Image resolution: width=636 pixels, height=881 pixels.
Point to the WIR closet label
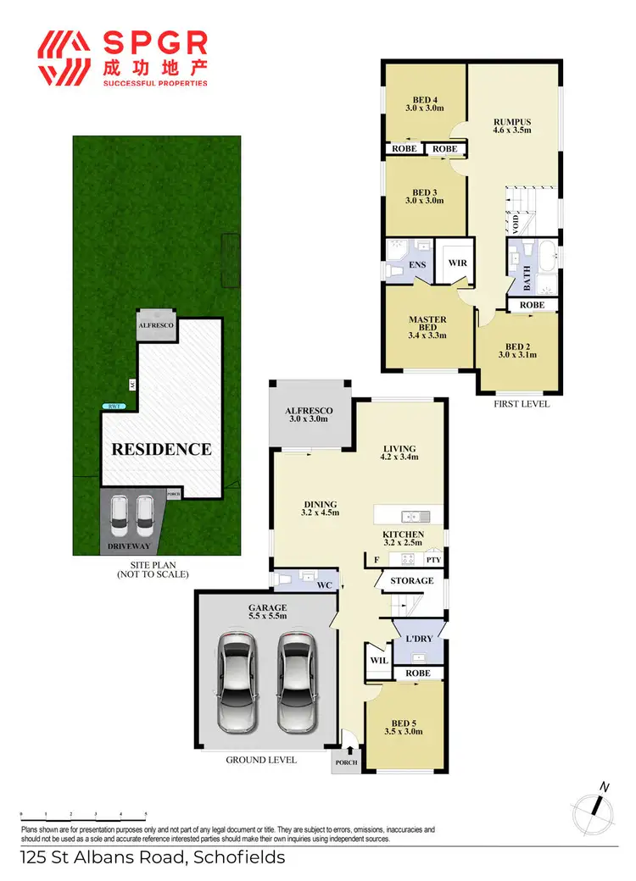click(x=458, y=263)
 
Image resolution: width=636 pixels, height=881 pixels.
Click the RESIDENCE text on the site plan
click(x=158, y=449)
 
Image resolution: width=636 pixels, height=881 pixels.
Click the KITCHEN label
click(x=404, y=535)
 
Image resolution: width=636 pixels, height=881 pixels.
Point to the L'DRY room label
click(x=419, y=636)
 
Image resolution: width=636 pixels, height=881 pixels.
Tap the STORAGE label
click(x=412, y=581)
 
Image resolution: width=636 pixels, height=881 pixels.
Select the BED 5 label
click(x=403, y=726)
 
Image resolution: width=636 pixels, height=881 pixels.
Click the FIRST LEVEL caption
click(x=522, y=404)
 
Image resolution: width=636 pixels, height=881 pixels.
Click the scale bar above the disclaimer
click(x=85, y=815)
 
